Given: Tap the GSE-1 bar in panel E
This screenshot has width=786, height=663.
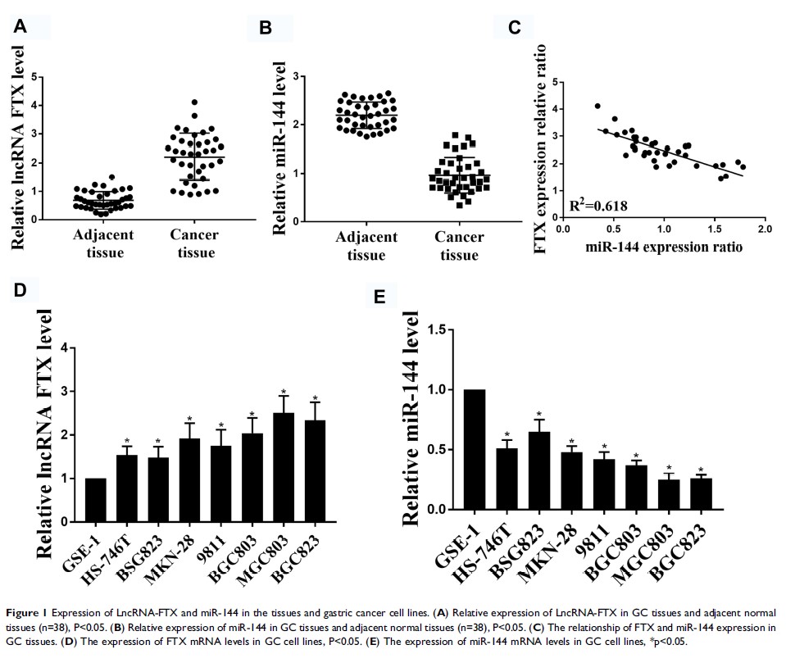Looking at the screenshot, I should point(474,450).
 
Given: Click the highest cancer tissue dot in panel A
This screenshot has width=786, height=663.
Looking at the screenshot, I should point(194,102).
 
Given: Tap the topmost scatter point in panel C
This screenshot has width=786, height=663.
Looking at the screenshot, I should point(597,106).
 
